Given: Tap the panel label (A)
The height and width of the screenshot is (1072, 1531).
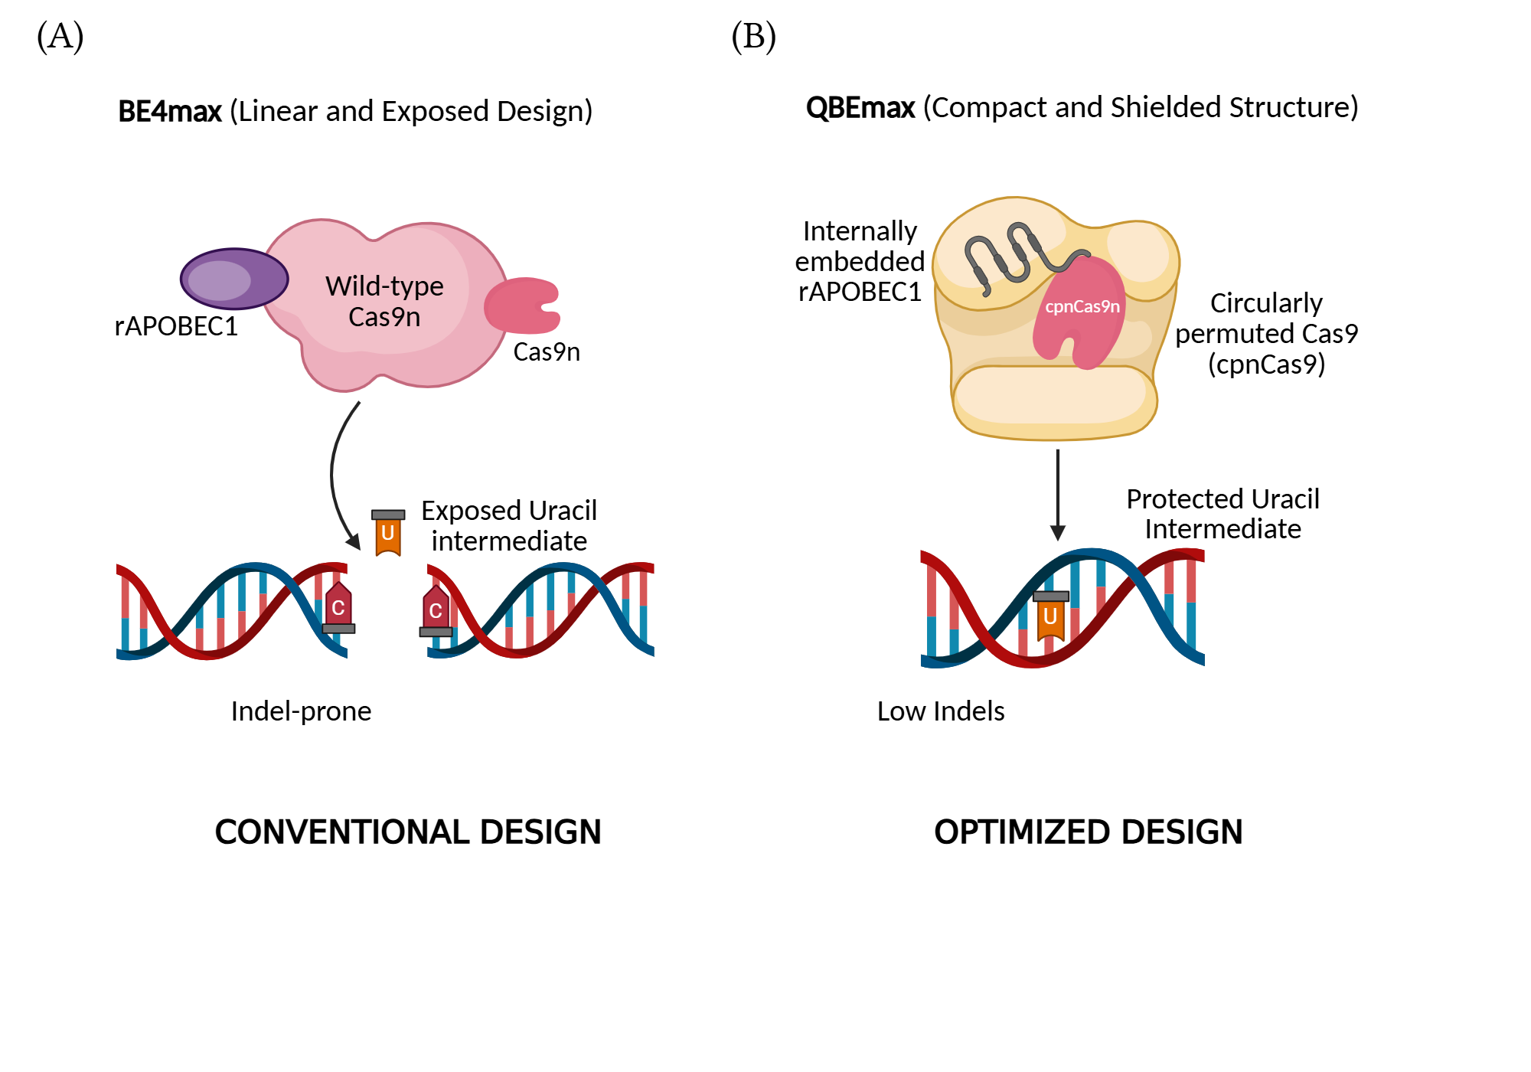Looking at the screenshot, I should [x=60, y=36].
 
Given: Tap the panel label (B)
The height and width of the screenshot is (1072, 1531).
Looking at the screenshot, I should [x=753, y=36].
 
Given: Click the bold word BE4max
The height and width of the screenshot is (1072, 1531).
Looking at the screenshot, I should [x=170, y=112].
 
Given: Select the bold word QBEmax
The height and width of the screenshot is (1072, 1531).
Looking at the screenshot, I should [x=860, y=108].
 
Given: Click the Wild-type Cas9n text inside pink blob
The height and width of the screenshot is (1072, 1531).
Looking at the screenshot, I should [x=384, y=301].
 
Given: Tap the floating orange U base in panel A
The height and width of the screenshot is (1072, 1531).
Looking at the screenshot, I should [x=388, y=532].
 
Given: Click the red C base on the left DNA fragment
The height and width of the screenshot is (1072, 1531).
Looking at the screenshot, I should [x=338, y=607].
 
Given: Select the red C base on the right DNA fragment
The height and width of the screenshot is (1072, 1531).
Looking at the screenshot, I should [x=436, y=610].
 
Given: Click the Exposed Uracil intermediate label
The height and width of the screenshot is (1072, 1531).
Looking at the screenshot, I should [x=508, y=526].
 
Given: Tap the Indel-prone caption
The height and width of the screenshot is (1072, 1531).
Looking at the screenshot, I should [x=301, y=711].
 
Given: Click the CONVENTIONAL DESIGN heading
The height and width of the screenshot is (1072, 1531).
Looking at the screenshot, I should [x=407, y=832].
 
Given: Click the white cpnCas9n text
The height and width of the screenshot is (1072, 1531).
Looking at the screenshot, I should [x=1082, y=306].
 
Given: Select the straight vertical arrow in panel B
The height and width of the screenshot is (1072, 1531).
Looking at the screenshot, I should [x=1058, y=494].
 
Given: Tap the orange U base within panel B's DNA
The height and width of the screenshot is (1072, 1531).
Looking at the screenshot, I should [x=1050, y=617].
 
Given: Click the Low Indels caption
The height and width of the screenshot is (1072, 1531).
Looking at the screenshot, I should [x=940, y=711].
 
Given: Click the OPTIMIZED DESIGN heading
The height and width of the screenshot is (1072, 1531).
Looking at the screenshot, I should [x=1088, y=832].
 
